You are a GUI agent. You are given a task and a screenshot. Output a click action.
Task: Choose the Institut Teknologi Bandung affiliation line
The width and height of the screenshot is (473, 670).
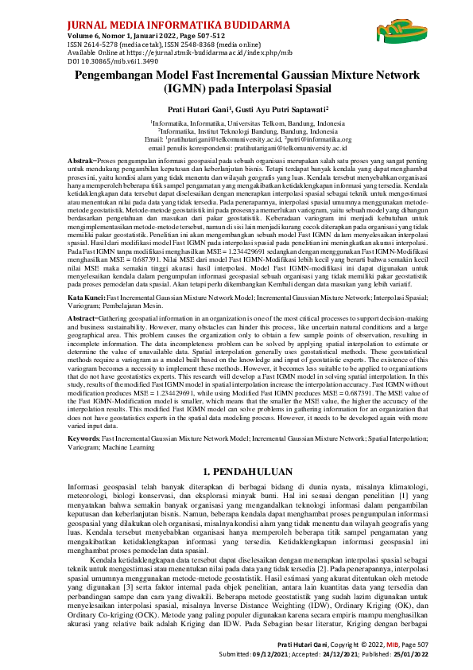tap(236, 131)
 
